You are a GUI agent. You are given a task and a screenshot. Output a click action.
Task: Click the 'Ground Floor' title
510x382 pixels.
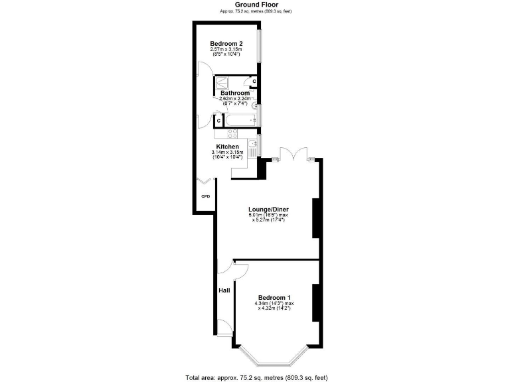(x=256, y=5)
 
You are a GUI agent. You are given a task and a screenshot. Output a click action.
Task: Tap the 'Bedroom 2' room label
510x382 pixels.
(x=227, y=44)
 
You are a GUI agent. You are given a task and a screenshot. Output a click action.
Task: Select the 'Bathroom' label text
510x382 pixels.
(x=234, y=93)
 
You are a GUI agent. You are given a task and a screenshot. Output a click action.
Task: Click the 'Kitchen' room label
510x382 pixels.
(x=227, y=147)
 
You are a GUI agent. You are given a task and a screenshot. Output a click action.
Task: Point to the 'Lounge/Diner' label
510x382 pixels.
(x=268, y=210)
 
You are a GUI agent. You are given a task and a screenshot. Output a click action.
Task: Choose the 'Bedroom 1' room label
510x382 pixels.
(x=274, y=297)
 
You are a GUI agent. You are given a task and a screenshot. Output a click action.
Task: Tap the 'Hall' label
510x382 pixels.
(x=224, y=290)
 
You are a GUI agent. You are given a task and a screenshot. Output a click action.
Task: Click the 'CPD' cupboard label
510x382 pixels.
(x=205, y=197)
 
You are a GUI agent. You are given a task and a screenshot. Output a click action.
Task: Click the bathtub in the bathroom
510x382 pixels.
(x=241, y=120)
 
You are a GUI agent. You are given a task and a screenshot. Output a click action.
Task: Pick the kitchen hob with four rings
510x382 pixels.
(x=232, y=133)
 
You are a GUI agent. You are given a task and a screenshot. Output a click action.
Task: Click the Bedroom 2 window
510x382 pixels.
(x=260, y=50)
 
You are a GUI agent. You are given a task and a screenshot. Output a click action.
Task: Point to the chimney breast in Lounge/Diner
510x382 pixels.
(x=317, y=218)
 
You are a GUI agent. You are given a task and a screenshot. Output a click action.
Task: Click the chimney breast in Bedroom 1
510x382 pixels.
(x=317, y=303)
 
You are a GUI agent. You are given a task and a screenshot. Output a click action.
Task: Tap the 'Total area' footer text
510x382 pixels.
(x=256, y=377)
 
